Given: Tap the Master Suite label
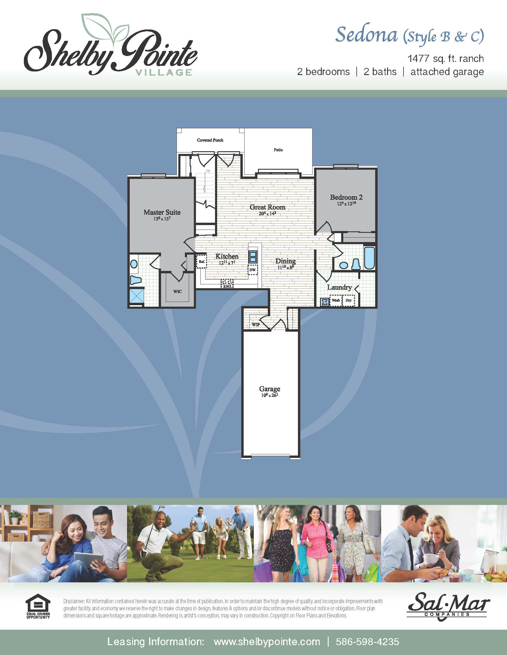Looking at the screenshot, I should pos(162,212).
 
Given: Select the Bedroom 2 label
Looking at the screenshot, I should pos(346,197).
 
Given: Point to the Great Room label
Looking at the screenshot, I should pos(267,207).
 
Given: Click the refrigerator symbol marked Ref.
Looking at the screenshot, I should pos(201,261).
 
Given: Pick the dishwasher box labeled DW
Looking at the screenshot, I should pos(253,270).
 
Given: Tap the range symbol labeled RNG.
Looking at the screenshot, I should pos(227,283).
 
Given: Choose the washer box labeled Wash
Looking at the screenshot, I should pos(336,300).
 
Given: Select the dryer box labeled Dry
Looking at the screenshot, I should pos(348,300).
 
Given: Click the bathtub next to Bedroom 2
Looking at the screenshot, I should pos(369,258).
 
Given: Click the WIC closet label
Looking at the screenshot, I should pos(177,291).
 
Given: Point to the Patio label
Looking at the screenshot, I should pos(278,150).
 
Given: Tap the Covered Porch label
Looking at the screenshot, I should pos(210,140).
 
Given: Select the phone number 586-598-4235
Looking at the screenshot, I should pos(367,642).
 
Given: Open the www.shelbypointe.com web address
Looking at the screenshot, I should pos(267,642).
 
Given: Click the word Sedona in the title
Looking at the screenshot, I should pos(366,35).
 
